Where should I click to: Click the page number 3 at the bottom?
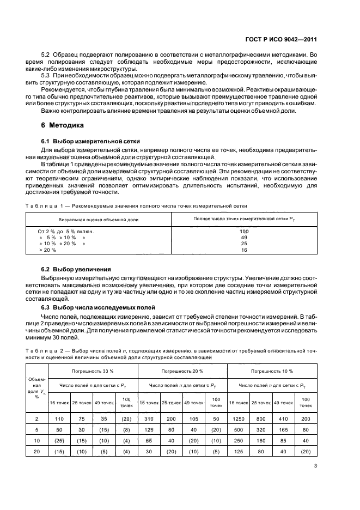click(316, 465)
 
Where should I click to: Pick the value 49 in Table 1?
click(243, 238)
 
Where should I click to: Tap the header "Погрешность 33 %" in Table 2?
click(93, 371)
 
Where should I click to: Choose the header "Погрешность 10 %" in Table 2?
click(272, 371)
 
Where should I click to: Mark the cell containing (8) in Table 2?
click(126, 429)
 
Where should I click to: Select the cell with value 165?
click(283, 429)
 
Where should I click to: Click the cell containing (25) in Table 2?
click(59, 440)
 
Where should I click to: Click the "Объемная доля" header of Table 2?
click(36, 387)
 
